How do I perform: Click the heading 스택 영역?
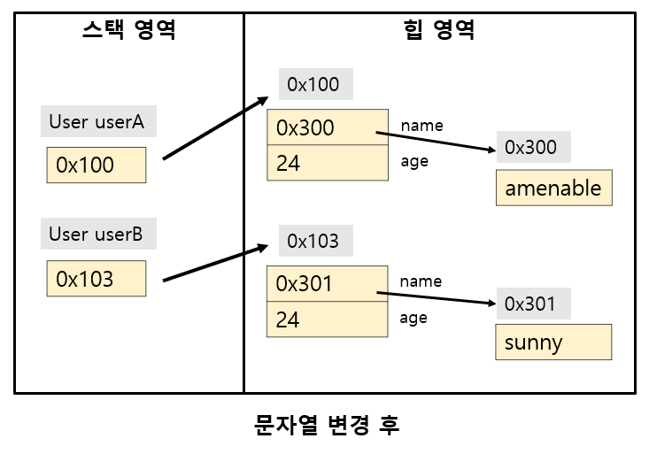coord(128,31)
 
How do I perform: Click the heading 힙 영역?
coord(439,31)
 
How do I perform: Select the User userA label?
coord(97,121)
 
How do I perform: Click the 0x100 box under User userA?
coord(96,165)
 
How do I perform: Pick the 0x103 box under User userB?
coord(96,279)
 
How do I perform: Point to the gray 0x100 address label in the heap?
coord(314,85)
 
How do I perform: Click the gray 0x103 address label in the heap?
coord(314,241)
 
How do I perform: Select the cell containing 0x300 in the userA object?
coord(328,127)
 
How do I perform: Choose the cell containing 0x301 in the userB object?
coord(328,284)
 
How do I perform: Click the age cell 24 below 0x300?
coord(328,163)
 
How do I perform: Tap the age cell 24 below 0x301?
coord(328,319)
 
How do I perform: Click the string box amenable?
coord(553,188)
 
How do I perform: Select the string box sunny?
coord(553,342)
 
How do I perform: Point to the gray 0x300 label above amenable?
coord(531,147)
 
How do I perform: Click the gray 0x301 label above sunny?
coord(531,304)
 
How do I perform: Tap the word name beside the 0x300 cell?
coord(421,126)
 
